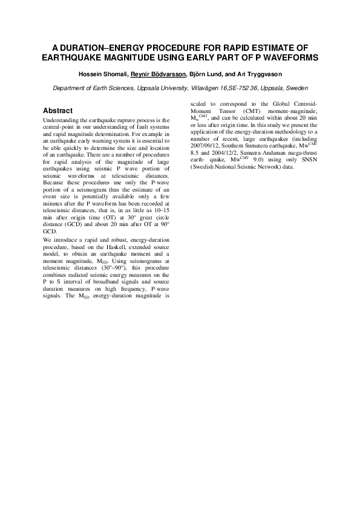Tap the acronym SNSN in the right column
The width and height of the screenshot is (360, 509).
[x=284, y=160]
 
